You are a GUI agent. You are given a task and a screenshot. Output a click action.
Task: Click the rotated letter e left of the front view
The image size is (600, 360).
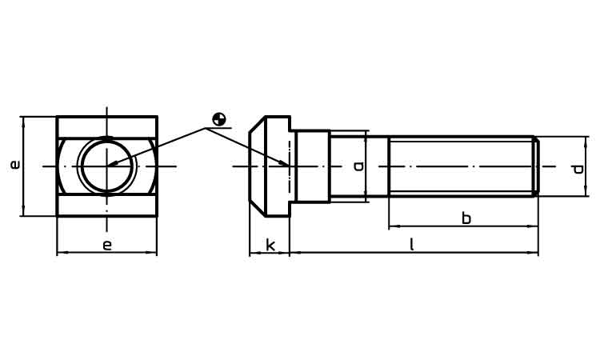14,165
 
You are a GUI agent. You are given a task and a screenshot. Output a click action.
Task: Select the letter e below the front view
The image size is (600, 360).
106,245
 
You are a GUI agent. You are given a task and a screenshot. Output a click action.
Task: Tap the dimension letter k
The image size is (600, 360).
270,245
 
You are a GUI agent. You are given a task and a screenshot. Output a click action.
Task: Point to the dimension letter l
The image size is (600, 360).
412,245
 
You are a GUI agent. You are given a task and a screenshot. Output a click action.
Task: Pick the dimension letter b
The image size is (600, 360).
466,218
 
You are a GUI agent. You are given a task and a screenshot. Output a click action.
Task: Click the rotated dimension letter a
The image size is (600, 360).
358,166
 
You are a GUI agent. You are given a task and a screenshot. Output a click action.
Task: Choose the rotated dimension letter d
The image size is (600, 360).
577,168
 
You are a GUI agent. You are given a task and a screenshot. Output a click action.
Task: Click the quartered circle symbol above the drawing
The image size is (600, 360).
218,120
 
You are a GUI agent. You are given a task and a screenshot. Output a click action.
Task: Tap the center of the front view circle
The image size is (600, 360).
107,166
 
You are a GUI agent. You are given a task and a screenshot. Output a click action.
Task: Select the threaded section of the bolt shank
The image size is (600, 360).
461,166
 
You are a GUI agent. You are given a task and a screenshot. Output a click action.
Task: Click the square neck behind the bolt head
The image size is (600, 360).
312,166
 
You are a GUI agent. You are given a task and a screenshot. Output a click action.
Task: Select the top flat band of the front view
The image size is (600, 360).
106,127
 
